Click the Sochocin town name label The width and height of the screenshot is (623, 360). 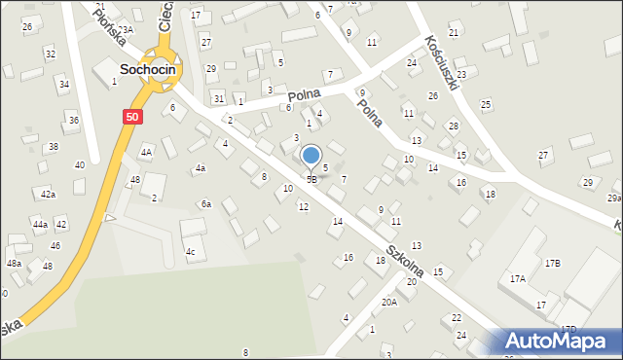[147, 69]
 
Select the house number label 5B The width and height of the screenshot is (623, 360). [311, 179]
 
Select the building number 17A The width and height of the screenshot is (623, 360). [518, 278]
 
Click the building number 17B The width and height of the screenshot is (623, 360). [553, 263]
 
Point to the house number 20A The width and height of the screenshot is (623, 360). [388, 302]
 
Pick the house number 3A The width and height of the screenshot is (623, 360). [128, 30]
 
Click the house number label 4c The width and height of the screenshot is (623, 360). [192, 253]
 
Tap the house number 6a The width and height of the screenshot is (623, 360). [205, 204]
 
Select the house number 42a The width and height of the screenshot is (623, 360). [48, 195]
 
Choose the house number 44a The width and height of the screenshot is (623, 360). [40, 225]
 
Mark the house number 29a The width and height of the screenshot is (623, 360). [614, 198]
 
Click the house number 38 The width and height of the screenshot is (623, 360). [54, 147]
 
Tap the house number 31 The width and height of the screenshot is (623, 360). [219, 100]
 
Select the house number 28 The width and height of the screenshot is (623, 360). [453, 126]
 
